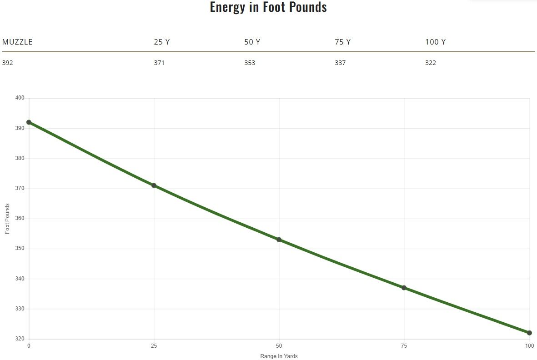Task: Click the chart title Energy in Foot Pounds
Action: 268,7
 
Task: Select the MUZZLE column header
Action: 17,42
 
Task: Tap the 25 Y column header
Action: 162,42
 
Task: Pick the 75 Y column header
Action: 342,42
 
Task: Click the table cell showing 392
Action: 8,63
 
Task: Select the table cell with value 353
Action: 250,63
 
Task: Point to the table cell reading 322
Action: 431,63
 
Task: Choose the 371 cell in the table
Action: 159,63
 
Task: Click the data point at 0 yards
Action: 29,122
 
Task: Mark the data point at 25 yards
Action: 154,185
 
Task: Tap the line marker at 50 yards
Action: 279,240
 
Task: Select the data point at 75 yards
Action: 404,288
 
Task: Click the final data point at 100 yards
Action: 529,333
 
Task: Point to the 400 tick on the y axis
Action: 20,98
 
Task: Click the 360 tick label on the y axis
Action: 20,219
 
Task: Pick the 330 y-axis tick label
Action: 20,309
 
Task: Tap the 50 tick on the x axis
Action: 279,346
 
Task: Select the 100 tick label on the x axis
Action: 529,346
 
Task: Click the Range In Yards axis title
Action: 279,356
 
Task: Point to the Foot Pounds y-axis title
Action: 7,219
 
